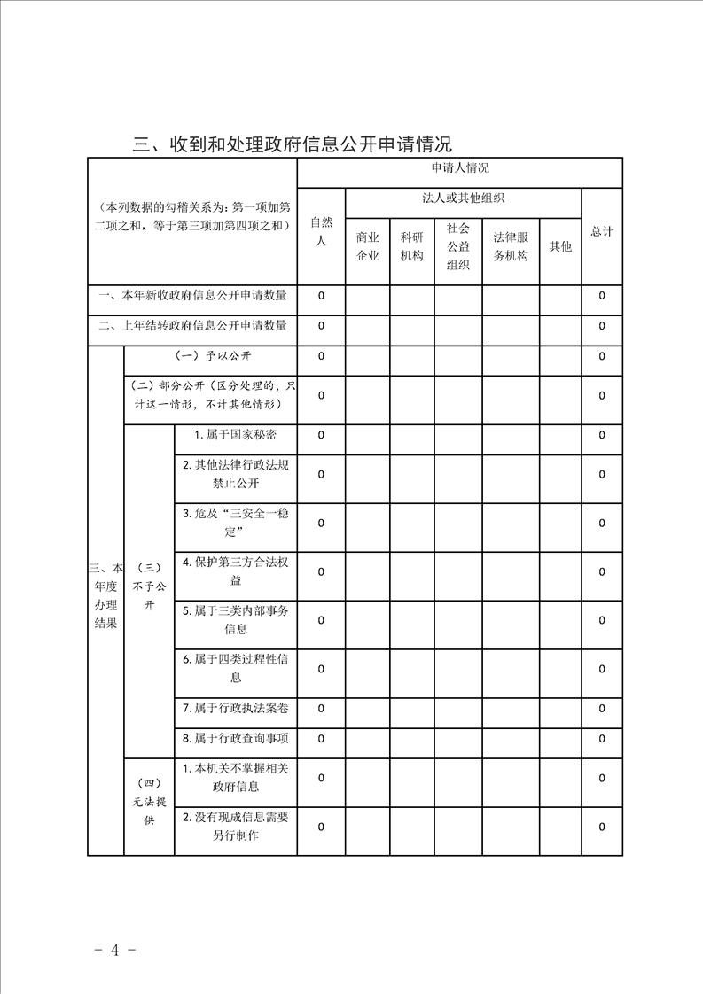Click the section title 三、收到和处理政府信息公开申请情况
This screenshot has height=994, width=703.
292,144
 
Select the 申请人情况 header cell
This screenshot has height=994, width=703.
459,167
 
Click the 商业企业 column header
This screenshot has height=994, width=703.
367,246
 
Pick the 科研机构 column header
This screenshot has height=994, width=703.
412,246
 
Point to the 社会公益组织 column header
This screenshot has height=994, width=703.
458,246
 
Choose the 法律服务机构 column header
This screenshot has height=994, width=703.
511,246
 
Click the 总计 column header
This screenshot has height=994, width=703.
602,231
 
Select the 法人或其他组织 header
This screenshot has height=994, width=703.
464,198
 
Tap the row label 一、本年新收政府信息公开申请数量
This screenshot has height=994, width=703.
192,295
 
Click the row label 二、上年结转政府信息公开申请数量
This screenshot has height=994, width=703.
192,326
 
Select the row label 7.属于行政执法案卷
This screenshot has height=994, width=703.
234,708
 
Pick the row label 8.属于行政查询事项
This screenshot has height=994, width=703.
234,738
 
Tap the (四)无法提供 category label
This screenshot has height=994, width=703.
149,801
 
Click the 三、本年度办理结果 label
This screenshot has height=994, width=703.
105,595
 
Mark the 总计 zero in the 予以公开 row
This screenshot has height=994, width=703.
602,356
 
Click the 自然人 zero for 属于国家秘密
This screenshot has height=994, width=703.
321,435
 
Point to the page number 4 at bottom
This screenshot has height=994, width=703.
114,951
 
